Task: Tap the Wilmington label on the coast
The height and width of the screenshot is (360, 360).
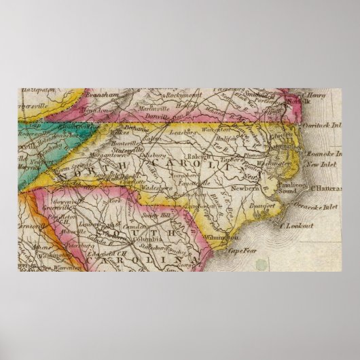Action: pos(226,238)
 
